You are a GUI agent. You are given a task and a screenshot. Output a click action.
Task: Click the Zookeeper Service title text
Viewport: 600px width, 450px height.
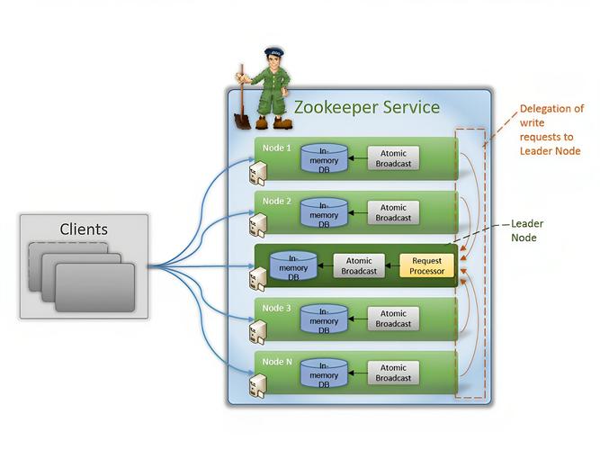click(367, 108)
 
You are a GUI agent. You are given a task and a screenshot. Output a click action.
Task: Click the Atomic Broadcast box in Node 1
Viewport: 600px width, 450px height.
click(392, 158)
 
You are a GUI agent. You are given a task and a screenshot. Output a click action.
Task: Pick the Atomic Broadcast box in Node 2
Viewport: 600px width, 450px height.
click(392, 212)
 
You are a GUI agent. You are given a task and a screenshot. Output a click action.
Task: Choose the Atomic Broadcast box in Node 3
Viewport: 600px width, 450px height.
click(392, 318)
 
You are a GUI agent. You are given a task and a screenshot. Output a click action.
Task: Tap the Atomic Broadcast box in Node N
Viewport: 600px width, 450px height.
click(392, 373)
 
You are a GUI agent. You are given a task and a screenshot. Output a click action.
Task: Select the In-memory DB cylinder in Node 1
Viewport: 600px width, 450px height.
click(324, 158)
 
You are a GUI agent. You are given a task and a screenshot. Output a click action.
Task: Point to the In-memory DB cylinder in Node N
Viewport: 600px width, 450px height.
click(324, 373)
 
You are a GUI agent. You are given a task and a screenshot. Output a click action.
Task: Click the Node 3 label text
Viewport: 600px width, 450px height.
click(276, 307)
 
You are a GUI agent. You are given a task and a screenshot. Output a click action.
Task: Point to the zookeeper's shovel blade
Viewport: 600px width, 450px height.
click(243, 120)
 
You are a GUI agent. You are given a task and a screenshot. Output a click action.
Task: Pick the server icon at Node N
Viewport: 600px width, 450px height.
click(258, 385)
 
